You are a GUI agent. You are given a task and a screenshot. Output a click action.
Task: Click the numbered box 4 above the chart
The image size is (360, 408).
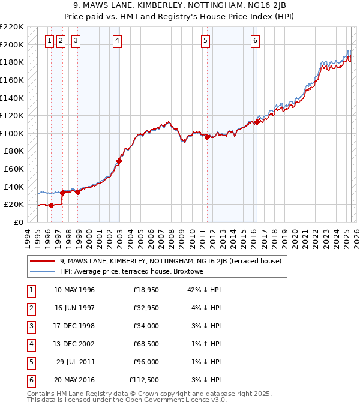tap(117, 41)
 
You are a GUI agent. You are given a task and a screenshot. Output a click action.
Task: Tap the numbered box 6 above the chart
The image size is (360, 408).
tap(255, 41)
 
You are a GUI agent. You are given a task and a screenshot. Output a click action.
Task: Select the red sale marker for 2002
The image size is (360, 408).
tap(119, 161)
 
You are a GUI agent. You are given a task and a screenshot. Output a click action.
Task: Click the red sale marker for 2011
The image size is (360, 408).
tap(207, 137)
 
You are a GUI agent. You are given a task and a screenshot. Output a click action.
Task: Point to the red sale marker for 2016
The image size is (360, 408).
tap(256, 122)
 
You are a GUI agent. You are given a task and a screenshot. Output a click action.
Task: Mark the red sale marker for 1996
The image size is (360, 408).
tap(52, 205)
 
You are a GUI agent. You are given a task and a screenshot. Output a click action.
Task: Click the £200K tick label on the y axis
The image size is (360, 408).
tap(12, 44)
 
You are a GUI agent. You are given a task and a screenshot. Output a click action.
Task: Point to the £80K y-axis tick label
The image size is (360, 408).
tap(14, 151)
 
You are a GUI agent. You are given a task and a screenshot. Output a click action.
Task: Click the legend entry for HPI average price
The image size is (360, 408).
tap(131, 271)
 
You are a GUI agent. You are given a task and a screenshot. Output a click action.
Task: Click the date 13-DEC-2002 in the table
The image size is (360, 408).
tap(74, 344)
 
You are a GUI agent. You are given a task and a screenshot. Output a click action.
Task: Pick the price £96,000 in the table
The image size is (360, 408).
tap(146, 362)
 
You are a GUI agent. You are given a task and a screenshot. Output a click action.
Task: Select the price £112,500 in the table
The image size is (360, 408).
tap(144, 380)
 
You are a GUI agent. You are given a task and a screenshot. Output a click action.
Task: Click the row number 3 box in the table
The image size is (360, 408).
tap(31, 326)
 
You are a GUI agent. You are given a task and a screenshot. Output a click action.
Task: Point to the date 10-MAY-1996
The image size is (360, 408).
tap(74, 290)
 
